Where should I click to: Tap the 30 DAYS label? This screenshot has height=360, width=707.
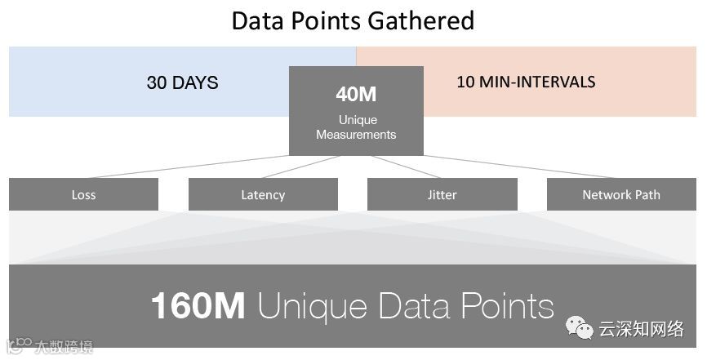[x=182, y=82]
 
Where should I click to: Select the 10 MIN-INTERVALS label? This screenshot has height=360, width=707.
[x=526, y=82]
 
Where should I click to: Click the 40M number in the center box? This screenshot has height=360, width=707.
[x=356, y=94]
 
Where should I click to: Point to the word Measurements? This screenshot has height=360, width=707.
[x=356, y=135]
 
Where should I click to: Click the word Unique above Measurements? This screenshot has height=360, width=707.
[x=357, y=121]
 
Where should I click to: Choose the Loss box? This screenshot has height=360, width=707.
[x=83, y=194]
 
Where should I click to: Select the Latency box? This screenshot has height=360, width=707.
[x=263, y=194]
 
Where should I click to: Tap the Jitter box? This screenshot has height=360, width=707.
[x=442, y=194]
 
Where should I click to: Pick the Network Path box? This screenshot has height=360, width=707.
[x=621, y=194]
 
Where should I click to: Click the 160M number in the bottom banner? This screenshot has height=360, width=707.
[x=198, y=306]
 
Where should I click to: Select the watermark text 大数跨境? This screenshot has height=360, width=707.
[x=63, y=348]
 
